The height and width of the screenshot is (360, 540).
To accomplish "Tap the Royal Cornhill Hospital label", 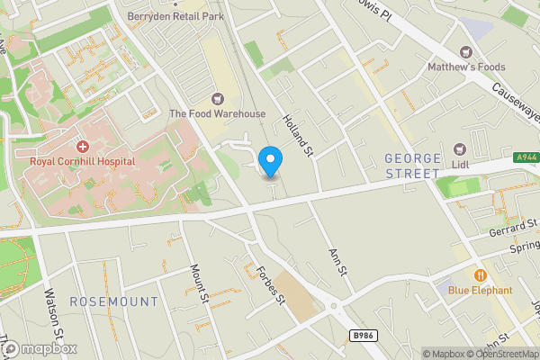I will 82,161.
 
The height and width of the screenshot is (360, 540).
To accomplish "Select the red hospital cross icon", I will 82,146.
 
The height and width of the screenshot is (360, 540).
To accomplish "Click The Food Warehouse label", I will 218,113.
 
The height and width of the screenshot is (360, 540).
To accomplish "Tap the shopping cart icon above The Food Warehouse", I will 217,98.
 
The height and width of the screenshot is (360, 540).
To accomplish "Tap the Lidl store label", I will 462,165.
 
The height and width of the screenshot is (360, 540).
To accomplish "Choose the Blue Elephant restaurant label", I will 481,290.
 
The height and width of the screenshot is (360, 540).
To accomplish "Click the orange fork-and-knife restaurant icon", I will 481,274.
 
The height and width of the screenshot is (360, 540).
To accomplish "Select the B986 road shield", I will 362,335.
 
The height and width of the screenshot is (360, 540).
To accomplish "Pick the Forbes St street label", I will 269,284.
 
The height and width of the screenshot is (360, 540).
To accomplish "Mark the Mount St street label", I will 199,281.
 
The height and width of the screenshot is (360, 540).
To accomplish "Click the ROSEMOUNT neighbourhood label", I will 113,301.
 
